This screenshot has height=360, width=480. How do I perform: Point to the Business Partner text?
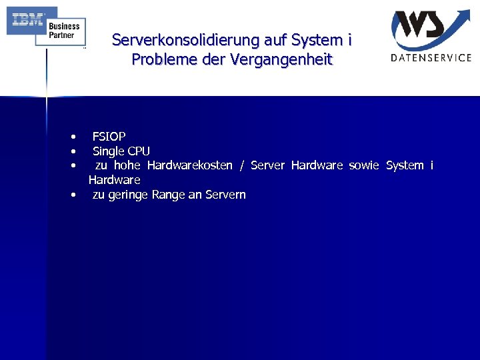coord(64,31)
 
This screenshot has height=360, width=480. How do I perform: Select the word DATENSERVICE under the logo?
coord(431,58)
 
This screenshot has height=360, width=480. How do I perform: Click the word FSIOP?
coord(109,137)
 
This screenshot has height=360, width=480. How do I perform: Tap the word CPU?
coord(139,151)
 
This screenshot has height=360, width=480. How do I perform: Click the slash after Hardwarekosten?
coord(241,165)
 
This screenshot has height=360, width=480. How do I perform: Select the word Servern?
coord(225,195)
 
